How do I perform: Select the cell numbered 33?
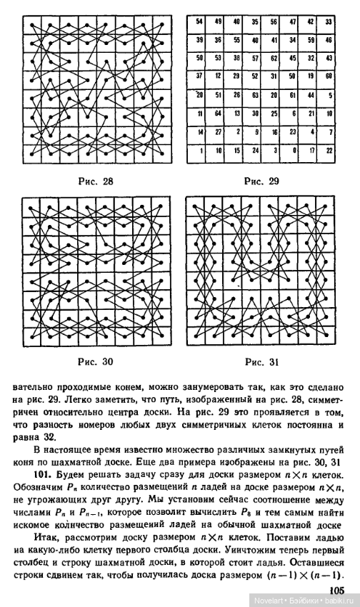coord(329,22)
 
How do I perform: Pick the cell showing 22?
coord(329,150)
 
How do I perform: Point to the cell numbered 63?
coord(254,95)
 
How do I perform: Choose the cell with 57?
coord(254,59)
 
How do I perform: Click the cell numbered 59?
coord(310,41)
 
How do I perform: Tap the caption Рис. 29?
coord(263,181)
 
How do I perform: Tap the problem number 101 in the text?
coord(42,473)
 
